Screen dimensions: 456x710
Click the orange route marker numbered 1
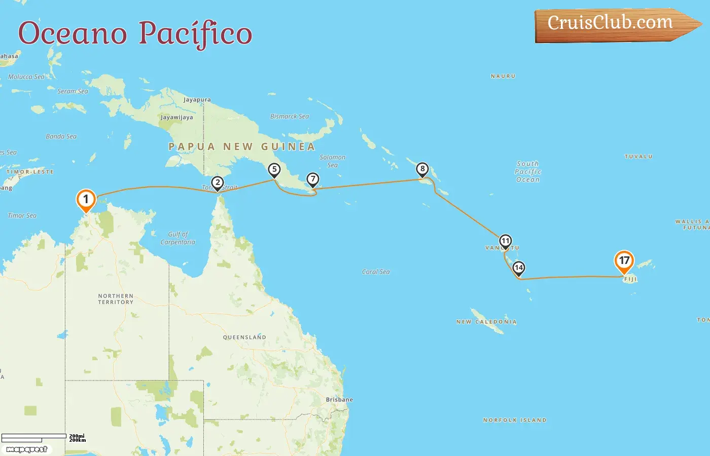click(86, 200)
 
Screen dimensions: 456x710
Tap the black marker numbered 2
click(218, 183)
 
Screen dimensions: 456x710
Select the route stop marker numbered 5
click(274, 170)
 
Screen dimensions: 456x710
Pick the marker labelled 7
click(313, 179)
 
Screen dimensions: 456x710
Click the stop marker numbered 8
click(422, 169)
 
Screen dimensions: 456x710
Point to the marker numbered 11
click(505, 241)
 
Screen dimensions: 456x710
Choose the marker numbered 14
click(518, 268)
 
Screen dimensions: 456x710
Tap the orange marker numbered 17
click(624, 261)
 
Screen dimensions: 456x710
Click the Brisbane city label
click(339, 400)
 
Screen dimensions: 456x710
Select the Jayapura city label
click(197, 100)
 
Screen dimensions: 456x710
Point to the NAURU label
click(503, 76)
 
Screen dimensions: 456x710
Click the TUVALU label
click(638, 157)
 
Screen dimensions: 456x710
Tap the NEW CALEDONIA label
click(486, 322)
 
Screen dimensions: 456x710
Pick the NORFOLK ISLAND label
click(515, 420)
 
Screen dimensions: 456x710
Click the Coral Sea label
click(376, 272)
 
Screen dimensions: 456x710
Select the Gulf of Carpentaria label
click(177, 238)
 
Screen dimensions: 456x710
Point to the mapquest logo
click(27, 449)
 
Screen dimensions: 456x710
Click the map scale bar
click(34, 437)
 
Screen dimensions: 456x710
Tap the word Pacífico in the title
click(195, 33)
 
